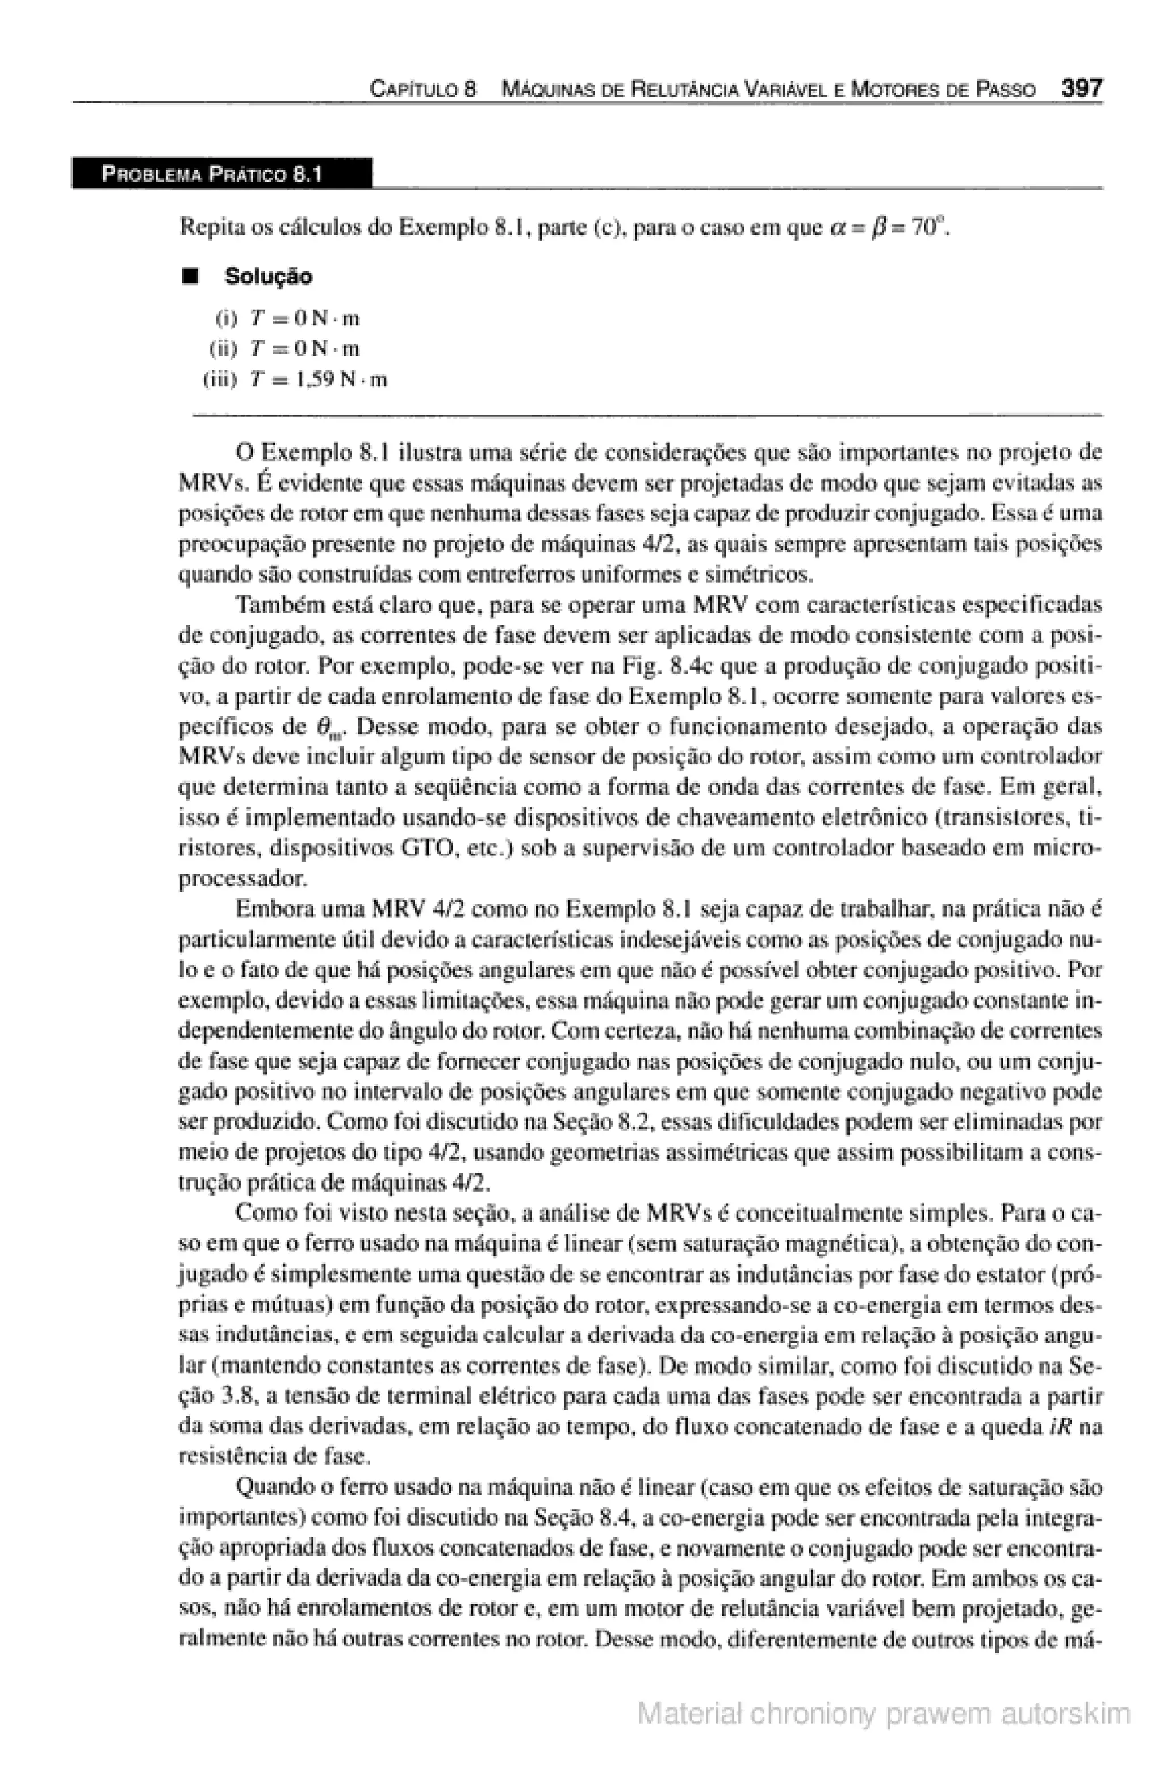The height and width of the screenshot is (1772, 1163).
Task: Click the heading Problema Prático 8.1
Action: click(x=212, y=175)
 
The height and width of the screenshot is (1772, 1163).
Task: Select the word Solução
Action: click(x=268, y=277)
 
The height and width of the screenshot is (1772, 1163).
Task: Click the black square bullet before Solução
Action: click(x=192, y=277)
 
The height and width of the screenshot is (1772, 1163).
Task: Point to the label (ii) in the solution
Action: click(x=223, y=349)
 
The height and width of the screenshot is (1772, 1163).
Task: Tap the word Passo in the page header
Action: click(x=1007, y=90)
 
